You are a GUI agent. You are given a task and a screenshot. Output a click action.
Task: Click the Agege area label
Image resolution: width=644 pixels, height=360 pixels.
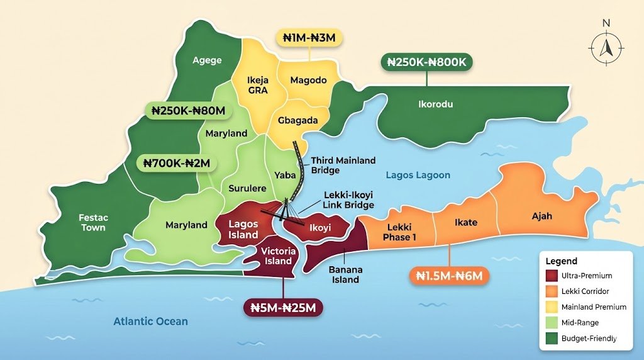207,60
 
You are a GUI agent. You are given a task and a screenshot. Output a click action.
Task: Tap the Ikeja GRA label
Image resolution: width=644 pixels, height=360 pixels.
258,85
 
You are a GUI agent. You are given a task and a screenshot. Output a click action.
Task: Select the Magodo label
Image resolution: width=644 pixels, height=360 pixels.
308,80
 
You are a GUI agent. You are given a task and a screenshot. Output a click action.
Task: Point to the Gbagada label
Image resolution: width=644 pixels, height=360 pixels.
297,120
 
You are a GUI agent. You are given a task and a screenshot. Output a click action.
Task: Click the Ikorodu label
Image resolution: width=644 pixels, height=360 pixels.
436,104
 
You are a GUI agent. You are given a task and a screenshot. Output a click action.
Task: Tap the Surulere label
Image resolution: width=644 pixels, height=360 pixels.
247,188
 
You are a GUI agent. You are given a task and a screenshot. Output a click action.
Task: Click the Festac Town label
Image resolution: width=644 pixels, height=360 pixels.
93,222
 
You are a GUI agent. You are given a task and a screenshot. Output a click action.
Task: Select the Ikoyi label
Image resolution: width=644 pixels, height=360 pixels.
319,228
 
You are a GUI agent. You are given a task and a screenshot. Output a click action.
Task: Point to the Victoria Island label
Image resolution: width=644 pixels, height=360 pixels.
277,256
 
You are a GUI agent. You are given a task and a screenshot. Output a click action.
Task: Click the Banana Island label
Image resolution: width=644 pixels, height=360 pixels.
346,274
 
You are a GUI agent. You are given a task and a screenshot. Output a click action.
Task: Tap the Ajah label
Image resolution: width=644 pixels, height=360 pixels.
541,216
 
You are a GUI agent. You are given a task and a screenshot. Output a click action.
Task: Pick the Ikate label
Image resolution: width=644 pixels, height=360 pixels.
466,222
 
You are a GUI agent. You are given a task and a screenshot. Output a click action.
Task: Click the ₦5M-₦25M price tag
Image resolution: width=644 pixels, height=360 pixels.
282,308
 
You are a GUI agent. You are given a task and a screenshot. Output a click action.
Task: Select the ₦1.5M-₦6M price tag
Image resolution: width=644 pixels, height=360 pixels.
449,275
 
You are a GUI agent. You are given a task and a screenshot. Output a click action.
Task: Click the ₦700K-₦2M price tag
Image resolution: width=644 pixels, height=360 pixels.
177,164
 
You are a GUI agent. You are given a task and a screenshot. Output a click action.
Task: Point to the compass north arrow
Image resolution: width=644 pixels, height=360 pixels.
606,45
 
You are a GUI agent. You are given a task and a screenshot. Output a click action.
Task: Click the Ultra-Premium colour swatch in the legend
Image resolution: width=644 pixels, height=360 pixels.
552,276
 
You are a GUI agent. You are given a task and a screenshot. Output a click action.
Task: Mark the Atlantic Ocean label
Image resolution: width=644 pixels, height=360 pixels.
150,322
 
